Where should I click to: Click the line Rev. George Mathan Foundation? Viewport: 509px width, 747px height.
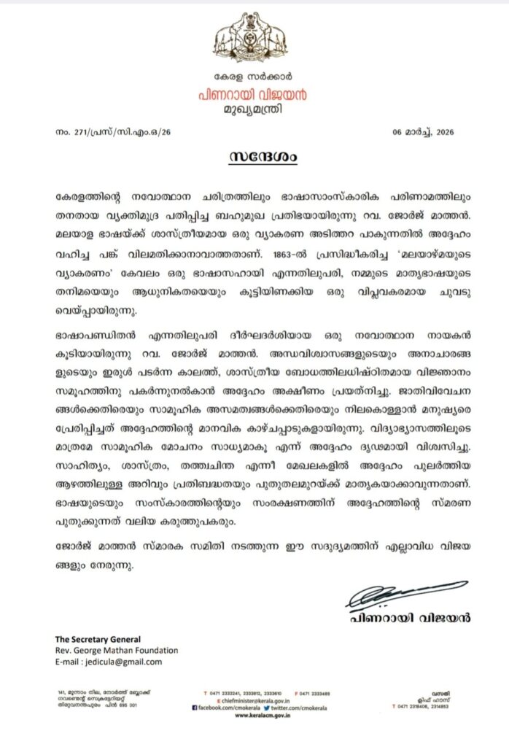click(x=116, y=650)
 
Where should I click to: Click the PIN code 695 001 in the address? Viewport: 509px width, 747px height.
click(x=132, y=704)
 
